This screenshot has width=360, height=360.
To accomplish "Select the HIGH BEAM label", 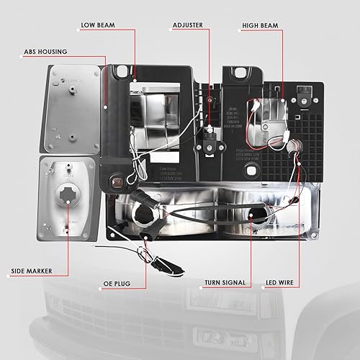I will (260, 26).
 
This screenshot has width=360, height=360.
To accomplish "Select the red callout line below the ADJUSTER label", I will (210, 72).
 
